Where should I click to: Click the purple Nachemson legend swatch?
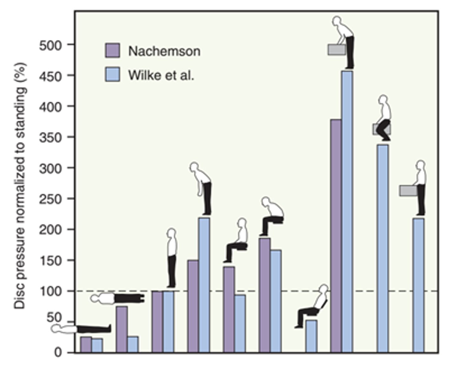coord(112,51)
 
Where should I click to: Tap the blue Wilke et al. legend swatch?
coord(112,74)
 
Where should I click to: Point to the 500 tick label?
coord(50,45)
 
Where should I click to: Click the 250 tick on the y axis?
coord(50,199)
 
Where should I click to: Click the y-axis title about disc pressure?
coord(20,185)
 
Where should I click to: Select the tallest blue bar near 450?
coord(347,211)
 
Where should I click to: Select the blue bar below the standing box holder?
coord(419,285)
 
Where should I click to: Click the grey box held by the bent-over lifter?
coord(337,50)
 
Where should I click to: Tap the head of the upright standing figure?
coord(172,233)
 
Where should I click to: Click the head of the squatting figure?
coord(383,100)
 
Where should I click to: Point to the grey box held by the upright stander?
coord(408,191)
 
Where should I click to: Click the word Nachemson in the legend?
coord(164,51)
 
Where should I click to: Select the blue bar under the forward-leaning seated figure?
coord(275,301)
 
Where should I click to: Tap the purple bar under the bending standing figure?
coord(193,306)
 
